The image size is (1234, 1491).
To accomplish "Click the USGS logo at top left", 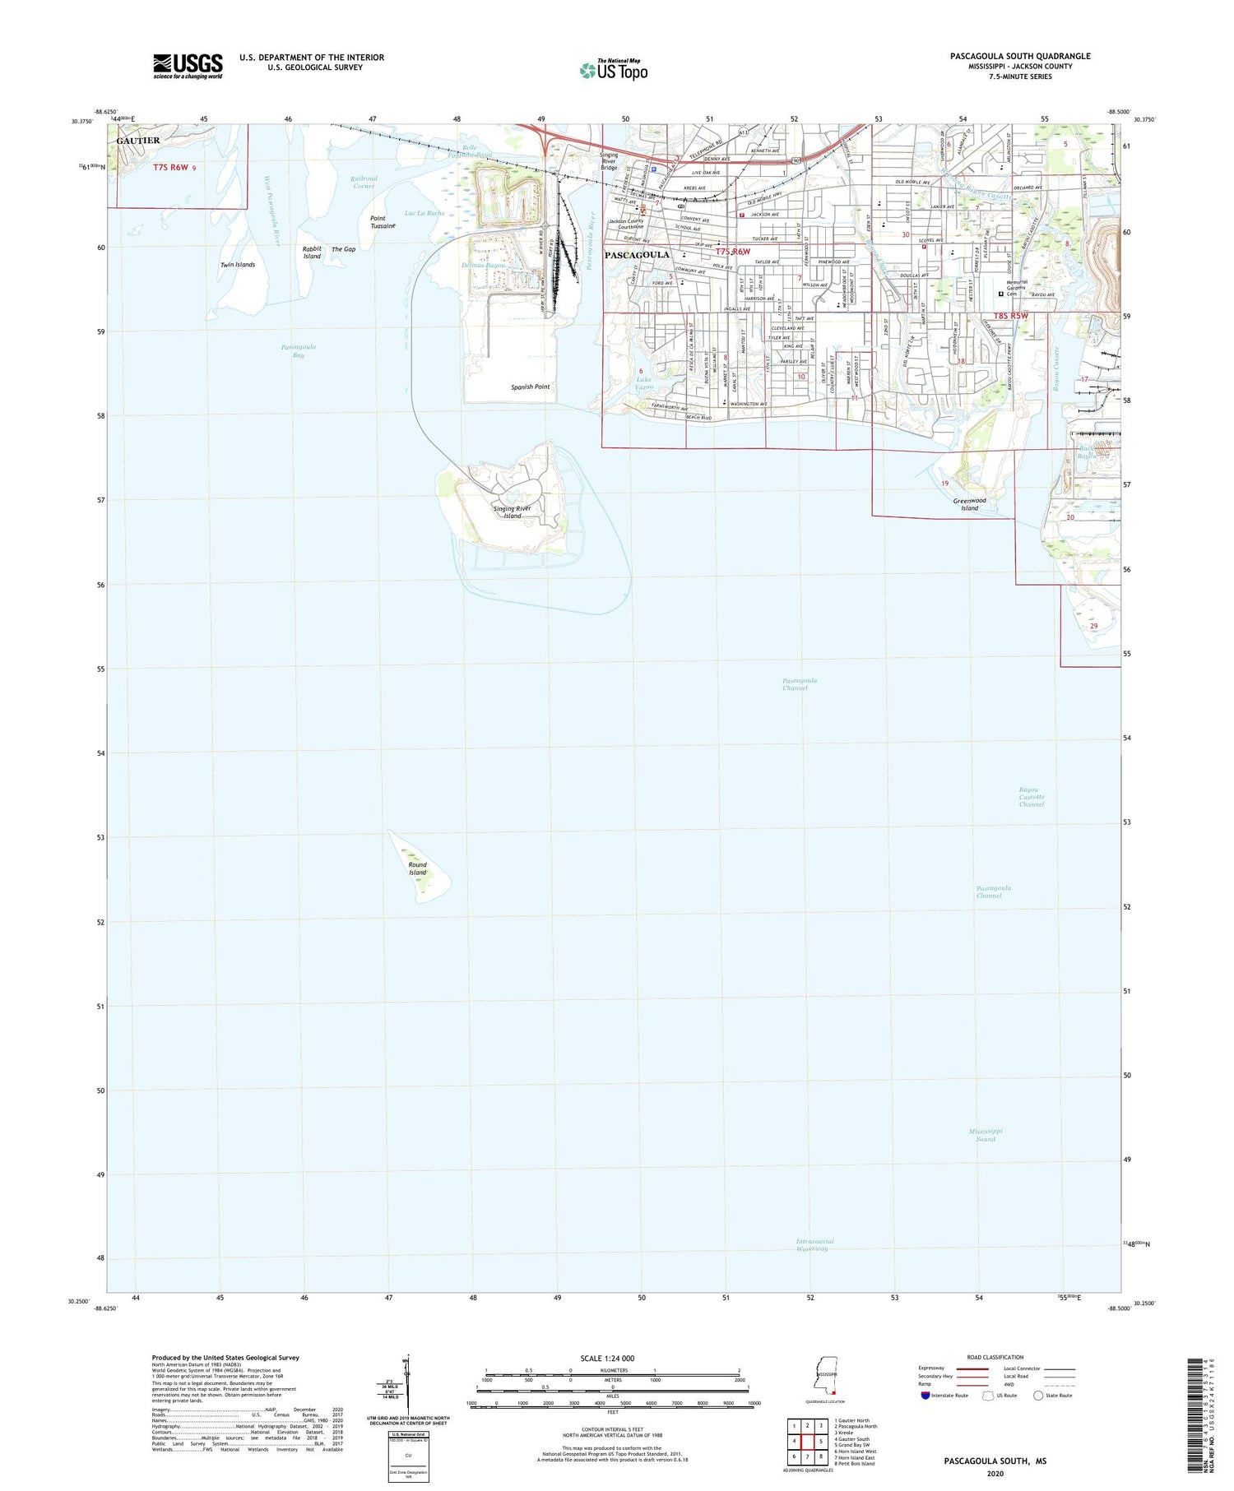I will coord(188,66).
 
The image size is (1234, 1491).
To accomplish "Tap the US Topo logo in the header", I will coord(613,70).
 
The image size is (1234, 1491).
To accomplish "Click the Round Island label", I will coord(418,868).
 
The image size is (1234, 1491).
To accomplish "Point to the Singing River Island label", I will coord(513,512).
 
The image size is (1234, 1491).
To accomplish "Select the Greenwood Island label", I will coord(970,504).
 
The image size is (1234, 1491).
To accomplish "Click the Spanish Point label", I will coord(531,387).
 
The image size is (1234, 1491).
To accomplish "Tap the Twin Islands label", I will coord(238,265).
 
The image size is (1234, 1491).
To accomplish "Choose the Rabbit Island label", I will coord(312,252).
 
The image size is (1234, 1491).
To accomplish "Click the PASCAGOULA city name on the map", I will coord(637,255).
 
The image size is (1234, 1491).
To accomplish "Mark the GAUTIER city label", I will coord(138,141).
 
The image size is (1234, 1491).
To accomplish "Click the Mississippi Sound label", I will coord(986,1135).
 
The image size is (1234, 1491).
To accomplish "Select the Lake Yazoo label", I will coord(643,383).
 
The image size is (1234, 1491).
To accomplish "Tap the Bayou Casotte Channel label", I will coord(1032,797).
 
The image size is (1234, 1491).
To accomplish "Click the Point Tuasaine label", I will coord(383,222).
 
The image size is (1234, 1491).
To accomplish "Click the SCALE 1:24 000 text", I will coord(613,1359).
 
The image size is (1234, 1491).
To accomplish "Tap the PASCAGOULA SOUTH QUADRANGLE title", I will coord(1020,56).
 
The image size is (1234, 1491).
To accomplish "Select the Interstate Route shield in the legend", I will coord(925,1396).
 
